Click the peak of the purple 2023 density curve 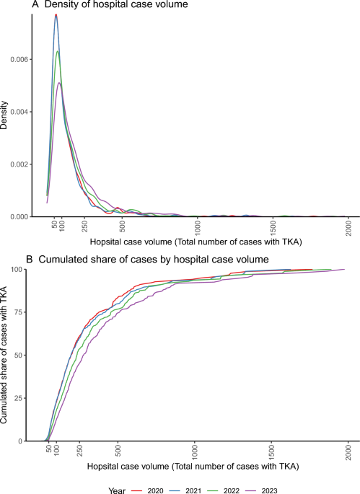tap(60, 83)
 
